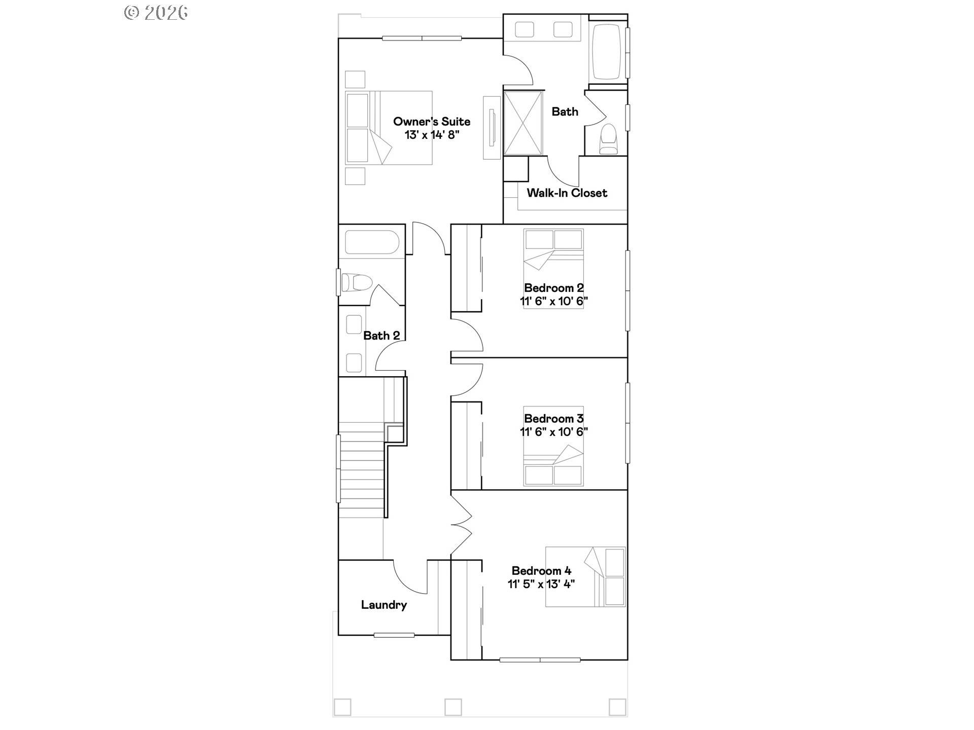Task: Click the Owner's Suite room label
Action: click(x=432, y=122)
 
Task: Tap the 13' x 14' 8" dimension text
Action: click(x=432, y=135)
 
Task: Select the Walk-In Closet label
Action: click(x=567, y=193)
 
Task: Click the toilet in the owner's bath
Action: click(x=608, y=138)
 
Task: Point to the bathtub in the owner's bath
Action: click(x=607, y=51)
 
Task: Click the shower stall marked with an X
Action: click(x=523, y=123)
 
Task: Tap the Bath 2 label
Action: click(x=381, y=336)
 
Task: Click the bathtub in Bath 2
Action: click(x=372, y=242)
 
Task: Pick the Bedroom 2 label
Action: click(x=553, y=288)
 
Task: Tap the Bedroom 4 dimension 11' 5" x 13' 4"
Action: click(x=541, y=584)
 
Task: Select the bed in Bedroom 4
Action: click(x=585, y=577)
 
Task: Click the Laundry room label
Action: click(x=384, y=605)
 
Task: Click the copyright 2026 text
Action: click(x=156, y=13)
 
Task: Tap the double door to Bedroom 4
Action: click(x=462, y=525)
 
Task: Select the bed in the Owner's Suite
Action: click(x=389, y=128)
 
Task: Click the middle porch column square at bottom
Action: click(x=453, y=707)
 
